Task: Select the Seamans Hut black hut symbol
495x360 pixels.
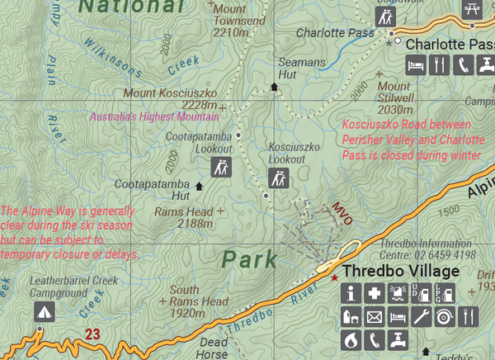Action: (x=275, y=86)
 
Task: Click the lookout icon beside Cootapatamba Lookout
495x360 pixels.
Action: (x=221, y=168)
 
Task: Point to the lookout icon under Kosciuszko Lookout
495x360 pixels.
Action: (x=279, y=178)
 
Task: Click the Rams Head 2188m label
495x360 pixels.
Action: (x=183, y=217)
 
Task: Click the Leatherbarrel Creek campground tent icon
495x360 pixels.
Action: (x=43, y=311)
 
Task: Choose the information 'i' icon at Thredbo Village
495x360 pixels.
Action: (x=351, y=293)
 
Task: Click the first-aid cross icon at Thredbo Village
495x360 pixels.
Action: (x=375, y=293)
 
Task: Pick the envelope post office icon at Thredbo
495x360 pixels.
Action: (x=375, y=316)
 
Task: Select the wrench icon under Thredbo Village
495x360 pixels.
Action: (x=421, y=316)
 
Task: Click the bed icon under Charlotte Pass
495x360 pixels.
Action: (x=416, y=64)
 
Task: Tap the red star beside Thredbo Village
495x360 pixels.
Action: (x=334, y=277)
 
